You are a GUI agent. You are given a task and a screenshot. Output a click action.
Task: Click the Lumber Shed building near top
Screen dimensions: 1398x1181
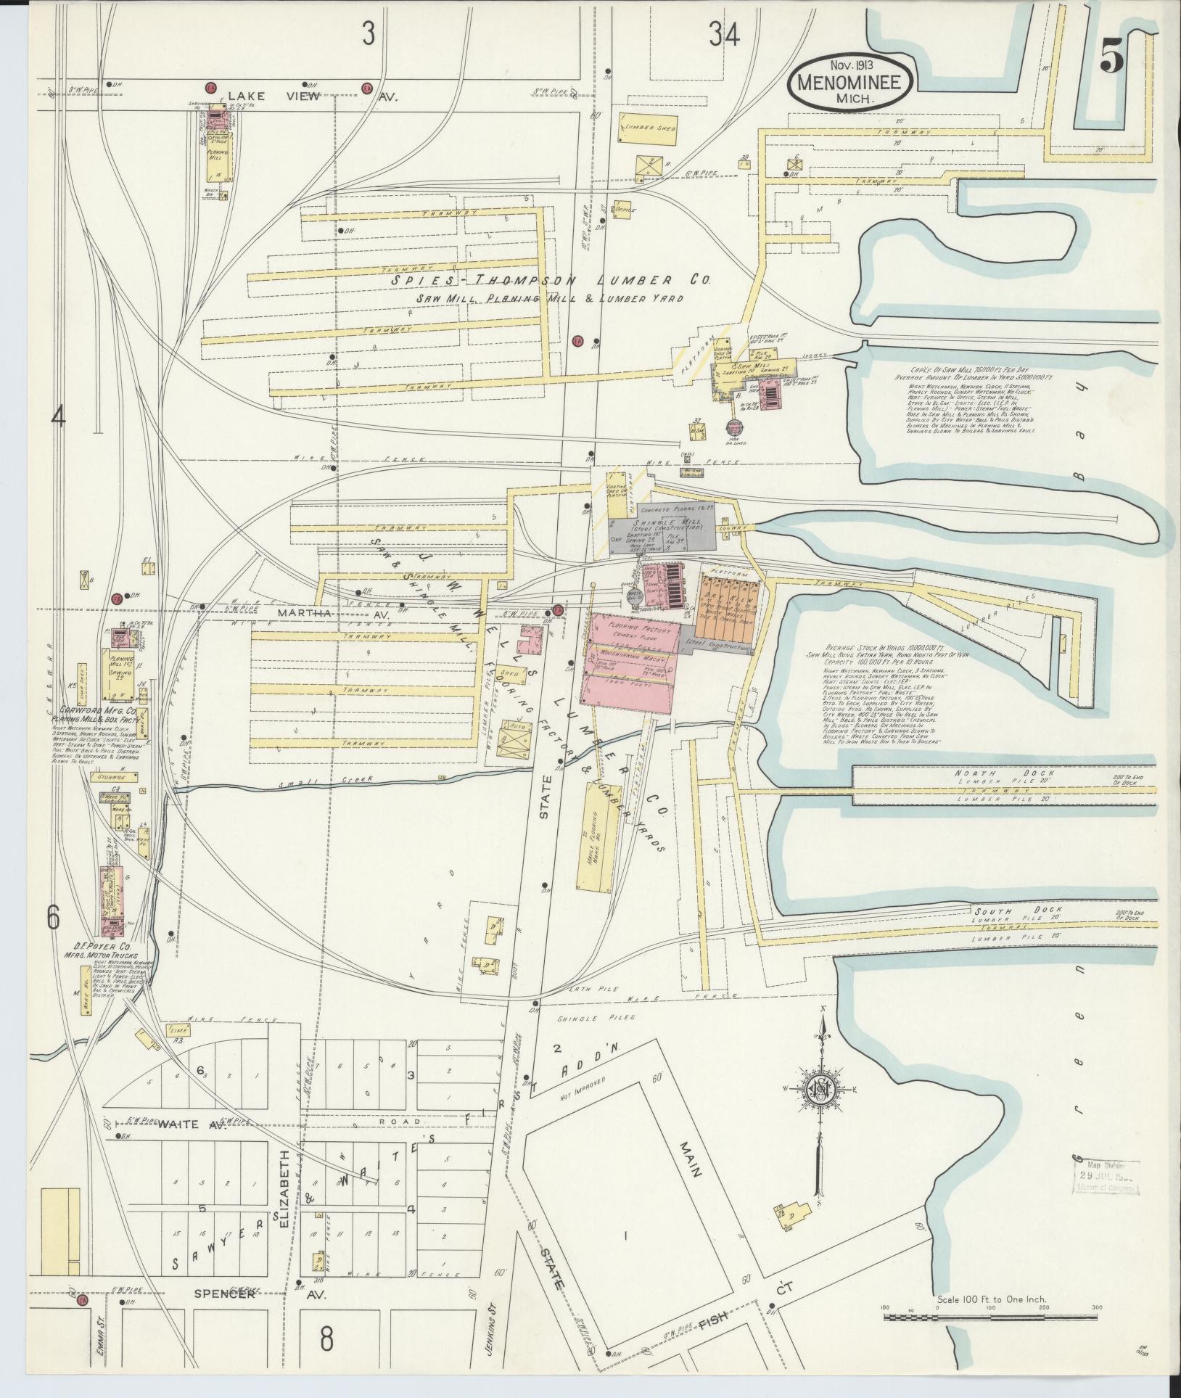coord(648,128)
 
